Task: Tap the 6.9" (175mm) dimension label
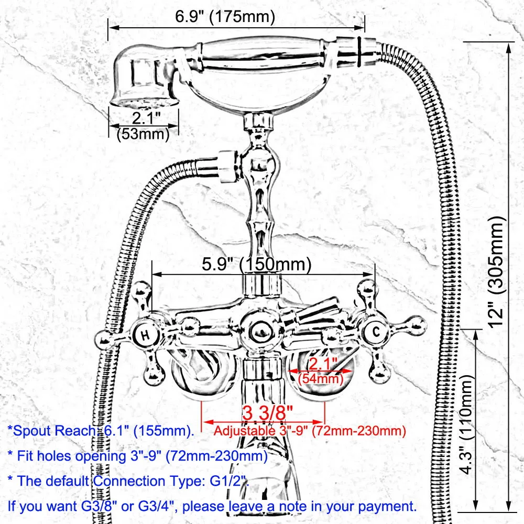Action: (225, 17)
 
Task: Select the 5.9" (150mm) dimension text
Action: (257, 265)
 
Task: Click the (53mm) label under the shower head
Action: (142, 134)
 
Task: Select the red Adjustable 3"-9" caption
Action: (309, 431)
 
